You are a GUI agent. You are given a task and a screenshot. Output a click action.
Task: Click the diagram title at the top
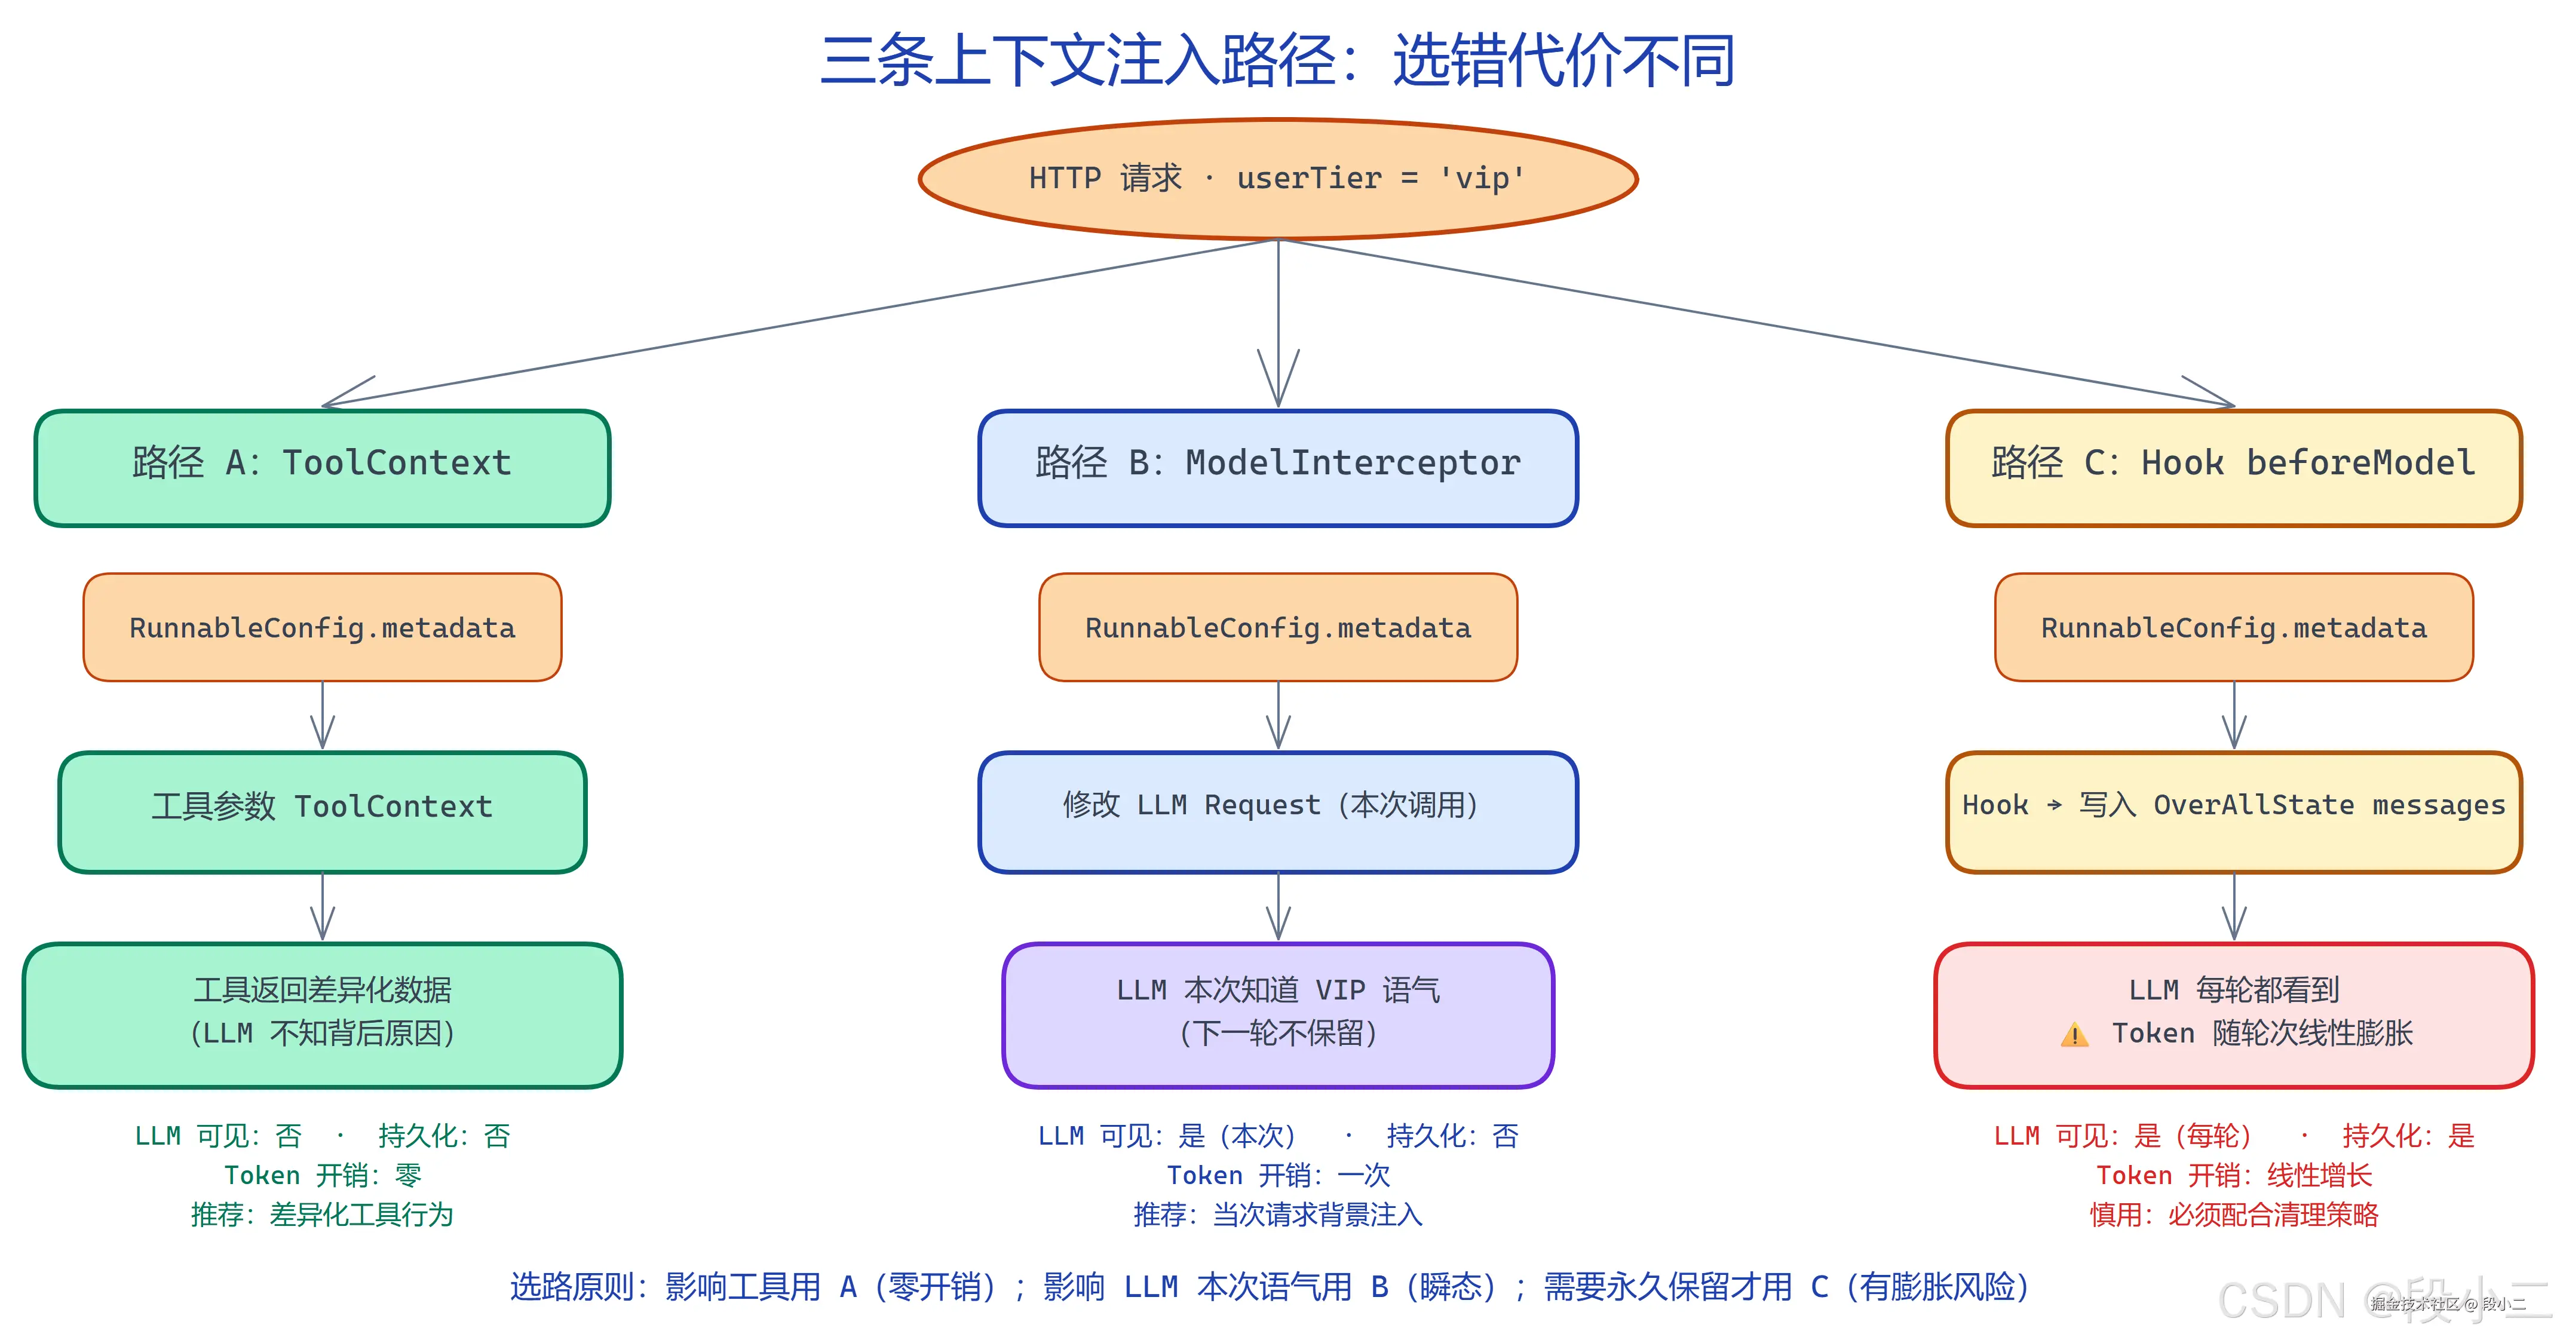(1277, 62)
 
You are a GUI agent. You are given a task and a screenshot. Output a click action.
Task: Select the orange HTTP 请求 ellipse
(1277, 179)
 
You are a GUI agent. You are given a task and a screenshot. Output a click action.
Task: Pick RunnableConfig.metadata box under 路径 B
(1277, 627)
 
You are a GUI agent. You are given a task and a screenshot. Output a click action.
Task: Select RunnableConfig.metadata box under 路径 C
(2233, 627)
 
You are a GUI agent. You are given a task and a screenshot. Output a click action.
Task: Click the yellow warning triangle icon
(2074, 1035)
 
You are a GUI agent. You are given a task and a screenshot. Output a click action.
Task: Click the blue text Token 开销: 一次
(1277, 1175)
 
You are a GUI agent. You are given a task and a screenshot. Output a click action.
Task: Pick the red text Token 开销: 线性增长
(2233, 1175)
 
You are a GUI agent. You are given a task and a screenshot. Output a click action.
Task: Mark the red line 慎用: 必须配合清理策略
(2233, 1215)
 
